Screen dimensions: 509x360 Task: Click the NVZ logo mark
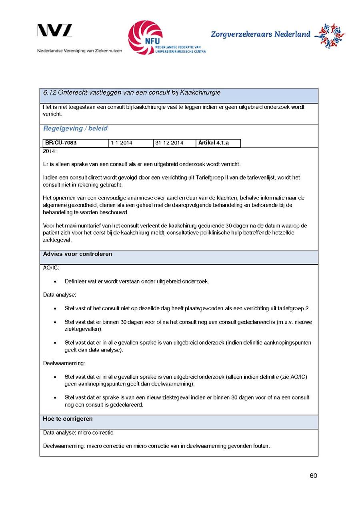55,30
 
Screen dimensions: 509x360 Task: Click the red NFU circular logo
145,37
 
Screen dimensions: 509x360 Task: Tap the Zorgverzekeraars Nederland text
260,34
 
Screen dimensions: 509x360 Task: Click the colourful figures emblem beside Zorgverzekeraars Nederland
329,36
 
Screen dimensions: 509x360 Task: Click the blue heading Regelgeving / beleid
75,128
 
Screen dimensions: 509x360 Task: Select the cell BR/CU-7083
61,143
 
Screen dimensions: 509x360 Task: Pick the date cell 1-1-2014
122,143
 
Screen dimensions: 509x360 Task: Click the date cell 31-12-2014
169,143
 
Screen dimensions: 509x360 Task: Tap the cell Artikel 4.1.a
214,143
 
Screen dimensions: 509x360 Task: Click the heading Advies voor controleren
78,254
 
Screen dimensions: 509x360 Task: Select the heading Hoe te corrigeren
68,419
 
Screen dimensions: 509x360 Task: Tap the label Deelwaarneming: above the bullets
64,363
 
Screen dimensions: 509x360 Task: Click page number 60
313,475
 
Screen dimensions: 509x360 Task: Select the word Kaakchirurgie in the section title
200,93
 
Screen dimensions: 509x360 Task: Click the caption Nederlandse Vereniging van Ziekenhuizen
80,51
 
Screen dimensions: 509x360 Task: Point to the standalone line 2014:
50,151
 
